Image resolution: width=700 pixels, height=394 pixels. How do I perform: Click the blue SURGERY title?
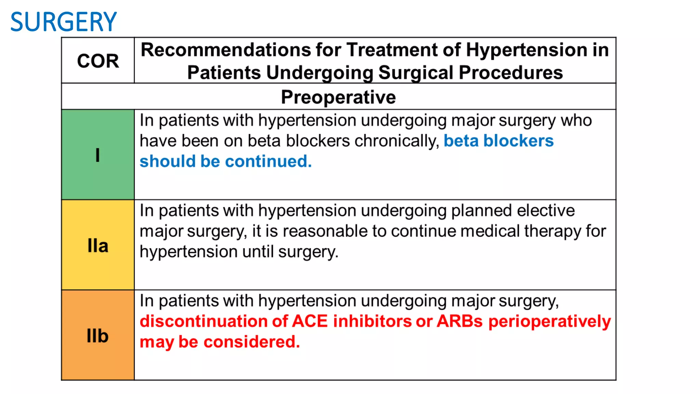64,22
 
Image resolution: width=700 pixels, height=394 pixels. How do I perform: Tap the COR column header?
98,61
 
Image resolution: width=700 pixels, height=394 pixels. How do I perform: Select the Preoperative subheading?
338,97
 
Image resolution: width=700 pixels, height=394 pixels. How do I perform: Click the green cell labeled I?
98,155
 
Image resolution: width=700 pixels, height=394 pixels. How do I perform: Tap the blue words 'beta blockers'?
498,141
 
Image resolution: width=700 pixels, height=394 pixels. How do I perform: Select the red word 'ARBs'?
460,321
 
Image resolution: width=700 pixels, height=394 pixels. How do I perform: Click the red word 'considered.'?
252,342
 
